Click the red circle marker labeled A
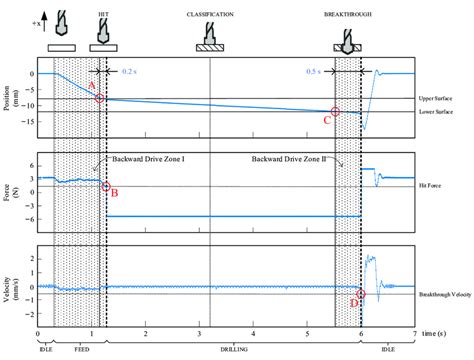[99, 97]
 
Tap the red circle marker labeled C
[335, 112]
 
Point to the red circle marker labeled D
[360, 293]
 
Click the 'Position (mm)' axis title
[8, 95]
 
